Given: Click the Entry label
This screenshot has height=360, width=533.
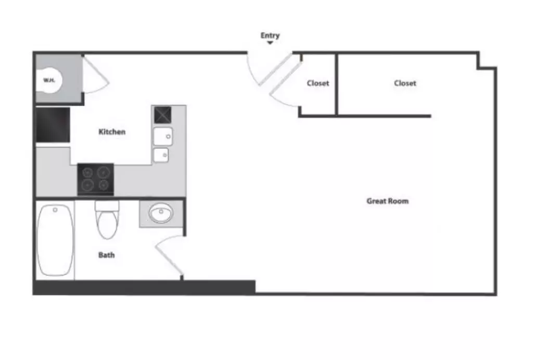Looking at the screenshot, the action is click(270, 35).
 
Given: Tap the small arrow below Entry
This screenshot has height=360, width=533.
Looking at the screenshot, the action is click(270, 43).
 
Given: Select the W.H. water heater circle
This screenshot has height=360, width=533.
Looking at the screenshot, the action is click(49, 80).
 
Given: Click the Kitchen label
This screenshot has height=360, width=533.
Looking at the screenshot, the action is click(112, 132).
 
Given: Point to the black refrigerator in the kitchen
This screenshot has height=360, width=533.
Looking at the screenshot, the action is click(53, 125).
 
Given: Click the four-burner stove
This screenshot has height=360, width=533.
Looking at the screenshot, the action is click(96, 179).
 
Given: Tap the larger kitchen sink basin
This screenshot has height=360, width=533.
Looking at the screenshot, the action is click(163, 136).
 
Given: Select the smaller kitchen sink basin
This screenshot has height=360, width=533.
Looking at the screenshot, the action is click(161, 155).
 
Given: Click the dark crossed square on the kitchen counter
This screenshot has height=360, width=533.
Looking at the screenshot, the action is click(163, 115).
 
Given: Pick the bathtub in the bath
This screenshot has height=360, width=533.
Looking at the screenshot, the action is click(55, 240).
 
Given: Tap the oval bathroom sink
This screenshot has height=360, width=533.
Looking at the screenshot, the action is click(161, 213).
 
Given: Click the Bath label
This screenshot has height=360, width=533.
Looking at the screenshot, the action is click(106, 255).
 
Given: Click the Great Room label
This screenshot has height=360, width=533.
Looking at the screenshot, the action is click(387, 201).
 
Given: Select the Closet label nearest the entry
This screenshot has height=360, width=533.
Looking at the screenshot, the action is click(318, 83).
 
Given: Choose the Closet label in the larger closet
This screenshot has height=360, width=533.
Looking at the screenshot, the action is click(405, 83).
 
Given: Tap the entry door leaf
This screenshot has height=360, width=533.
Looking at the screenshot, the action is click(275, 69).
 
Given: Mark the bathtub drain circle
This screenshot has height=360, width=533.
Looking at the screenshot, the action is click(55, 210).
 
